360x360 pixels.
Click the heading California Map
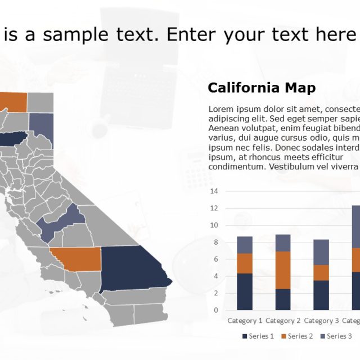(x=262, y=88)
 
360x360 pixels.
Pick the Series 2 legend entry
(x=299, y=336)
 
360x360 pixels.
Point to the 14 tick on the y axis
(x=214, y=191)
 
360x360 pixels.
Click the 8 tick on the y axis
(x=215, y=242)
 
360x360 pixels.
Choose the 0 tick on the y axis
(x=215, y=310)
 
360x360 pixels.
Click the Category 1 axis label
(x=245, y=321)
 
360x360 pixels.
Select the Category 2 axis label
(x=283, y=321)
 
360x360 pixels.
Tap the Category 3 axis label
(x=322, y=321)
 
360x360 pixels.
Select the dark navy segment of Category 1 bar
(x=245, y=291)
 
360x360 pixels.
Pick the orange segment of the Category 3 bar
(x=321, y=273)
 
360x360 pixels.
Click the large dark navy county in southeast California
(x=132, y=269)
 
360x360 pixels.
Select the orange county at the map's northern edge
(x=13, y=101)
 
